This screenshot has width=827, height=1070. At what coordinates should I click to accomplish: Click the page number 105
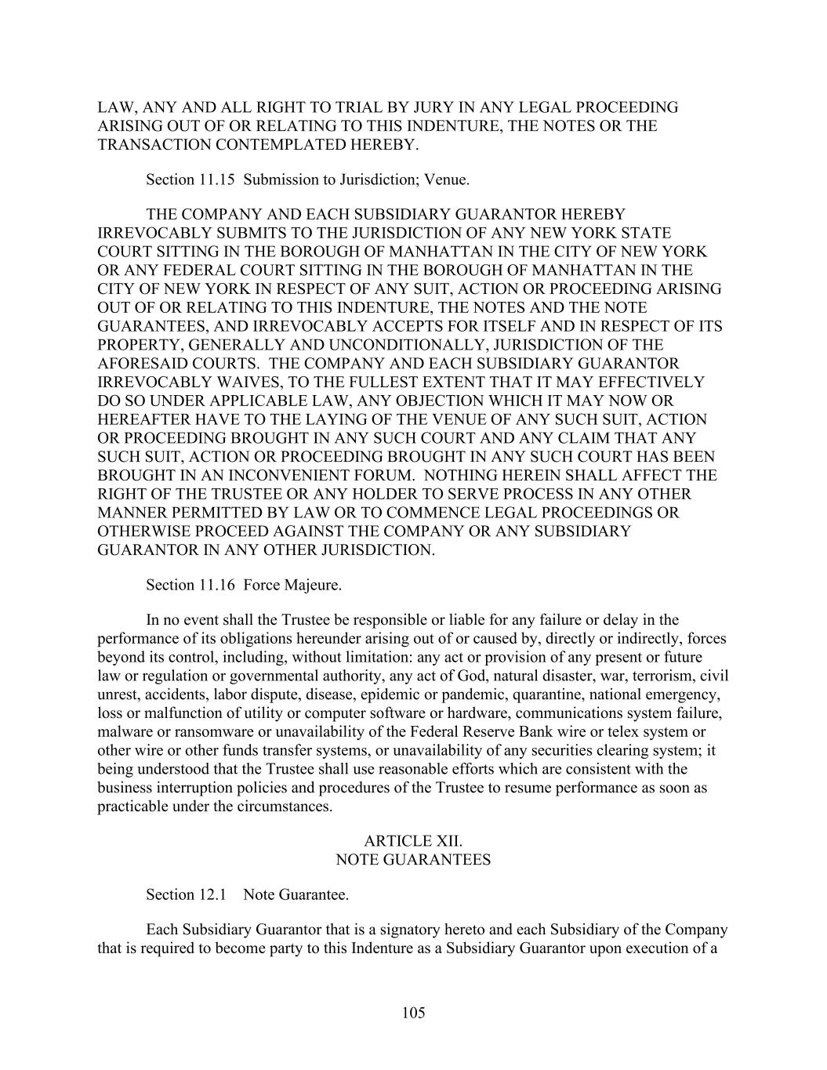click(413, 1013)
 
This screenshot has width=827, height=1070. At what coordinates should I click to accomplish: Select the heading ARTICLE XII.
click(413, 841)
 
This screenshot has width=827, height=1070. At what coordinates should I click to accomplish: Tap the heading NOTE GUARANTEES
click(413, 860)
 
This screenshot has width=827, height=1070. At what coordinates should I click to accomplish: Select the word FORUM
click(382, 475)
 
